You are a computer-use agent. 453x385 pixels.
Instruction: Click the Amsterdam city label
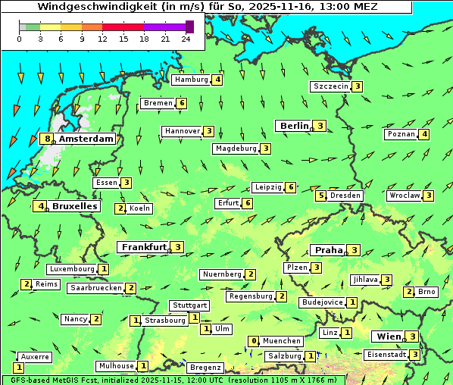[x=86, y=139]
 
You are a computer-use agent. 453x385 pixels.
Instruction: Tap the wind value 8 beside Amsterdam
[x=47, y=139]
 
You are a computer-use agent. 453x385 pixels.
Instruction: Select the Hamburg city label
[x=191, y=80]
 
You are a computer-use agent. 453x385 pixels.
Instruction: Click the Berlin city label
[x=294, y=126]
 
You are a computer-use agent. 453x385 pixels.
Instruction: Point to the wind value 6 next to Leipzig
[x=290, y=187]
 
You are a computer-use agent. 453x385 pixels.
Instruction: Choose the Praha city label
[x=328, y=250]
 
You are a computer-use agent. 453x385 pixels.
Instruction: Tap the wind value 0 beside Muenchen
[x=254, y=341]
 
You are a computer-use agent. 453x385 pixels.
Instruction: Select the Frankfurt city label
[x=143, y=247]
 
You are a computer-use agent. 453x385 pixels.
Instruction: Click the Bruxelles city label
[x=74, y=206]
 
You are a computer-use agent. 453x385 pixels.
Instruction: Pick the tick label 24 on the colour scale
[x=186, y=39]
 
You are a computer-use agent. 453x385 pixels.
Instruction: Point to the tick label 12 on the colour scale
[x=102, y=39]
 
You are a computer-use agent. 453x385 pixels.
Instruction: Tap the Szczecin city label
[x=330, y=86]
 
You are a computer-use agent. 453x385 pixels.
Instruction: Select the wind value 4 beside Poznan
[x=424, y=135]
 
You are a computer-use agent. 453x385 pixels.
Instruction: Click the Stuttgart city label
[x=189, y=305]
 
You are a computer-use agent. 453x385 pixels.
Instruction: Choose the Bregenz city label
[x=205, y=368]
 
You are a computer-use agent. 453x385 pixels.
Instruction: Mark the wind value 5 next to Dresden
[x=320, y=196]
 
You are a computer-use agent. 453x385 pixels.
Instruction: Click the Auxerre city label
[x=35, y=356]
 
